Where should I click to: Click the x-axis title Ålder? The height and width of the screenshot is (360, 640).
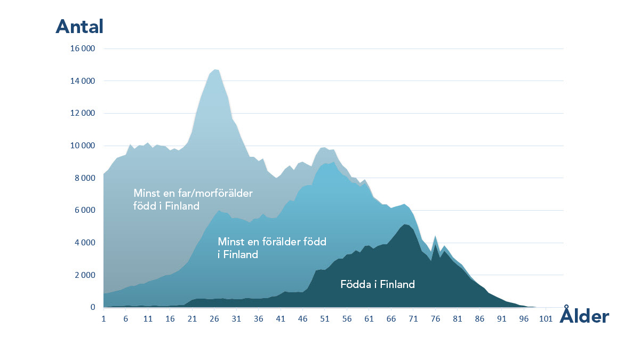coord(584,316)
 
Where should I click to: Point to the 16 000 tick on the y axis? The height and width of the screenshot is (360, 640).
coord(83,49)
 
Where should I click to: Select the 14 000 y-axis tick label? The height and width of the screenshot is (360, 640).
coord(83,81)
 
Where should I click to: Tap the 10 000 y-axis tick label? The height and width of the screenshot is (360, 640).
coord(83,146)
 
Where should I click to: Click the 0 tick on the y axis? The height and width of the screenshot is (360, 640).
coord(92,308)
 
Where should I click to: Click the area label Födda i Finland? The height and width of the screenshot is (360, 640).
coord(378,284)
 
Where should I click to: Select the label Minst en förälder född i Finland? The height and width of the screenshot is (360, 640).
coord(272,248)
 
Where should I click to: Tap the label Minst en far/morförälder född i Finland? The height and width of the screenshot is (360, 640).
coord(193,199)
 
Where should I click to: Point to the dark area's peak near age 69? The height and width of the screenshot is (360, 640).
coord(406,225)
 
